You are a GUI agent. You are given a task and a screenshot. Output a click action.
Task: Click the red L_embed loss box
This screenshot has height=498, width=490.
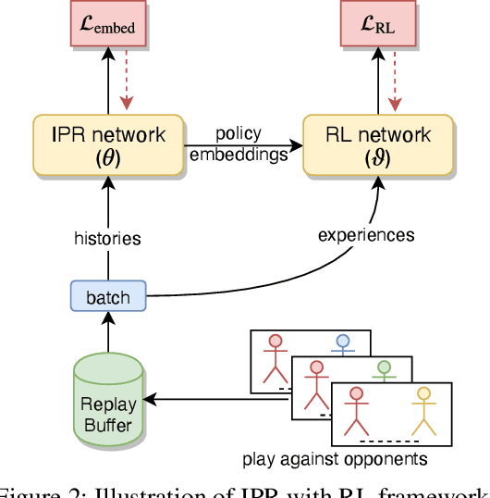[109, 26]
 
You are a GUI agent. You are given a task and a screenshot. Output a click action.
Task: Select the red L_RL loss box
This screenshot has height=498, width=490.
[377, 26]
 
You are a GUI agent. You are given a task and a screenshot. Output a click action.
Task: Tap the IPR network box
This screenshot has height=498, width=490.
[109, 144]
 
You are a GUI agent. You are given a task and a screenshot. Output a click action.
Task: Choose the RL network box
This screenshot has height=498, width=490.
[377, 144]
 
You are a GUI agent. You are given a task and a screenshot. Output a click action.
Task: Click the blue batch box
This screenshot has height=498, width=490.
[108, 297]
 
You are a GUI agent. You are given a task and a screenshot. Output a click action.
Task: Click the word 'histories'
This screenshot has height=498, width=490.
[108, 238]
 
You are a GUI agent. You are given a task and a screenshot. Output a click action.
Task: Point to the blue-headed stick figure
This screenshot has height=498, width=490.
[342, 348]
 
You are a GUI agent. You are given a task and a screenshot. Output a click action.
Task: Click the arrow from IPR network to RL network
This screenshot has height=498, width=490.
[244, 145]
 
